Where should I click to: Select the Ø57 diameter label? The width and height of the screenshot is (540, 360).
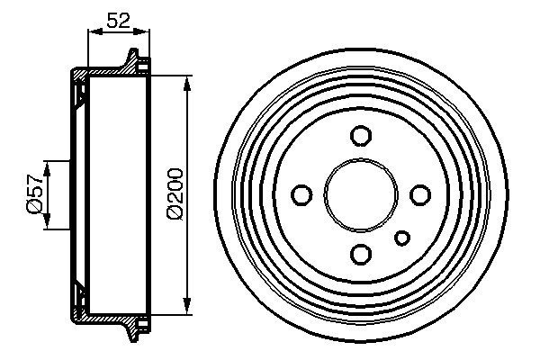point(34,194)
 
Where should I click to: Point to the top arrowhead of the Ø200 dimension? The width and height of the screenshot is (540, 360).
point(187,84)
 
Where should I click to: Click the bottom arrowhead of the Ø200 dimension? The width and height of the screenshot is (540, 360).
point(187,304)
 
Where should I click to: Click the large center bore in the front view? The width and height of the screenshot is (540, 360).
point(360,194)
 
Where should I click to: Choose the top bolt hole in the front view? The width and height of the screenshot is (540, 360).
point(361,136)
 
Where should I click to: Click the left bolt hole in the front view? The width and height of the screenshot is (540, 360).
point(302,194)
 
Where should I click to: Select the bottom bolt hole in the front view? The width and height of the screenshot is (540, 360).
point(361,253)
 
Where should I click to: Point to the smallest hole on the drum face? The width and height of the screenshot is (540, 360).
point(402,237)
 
